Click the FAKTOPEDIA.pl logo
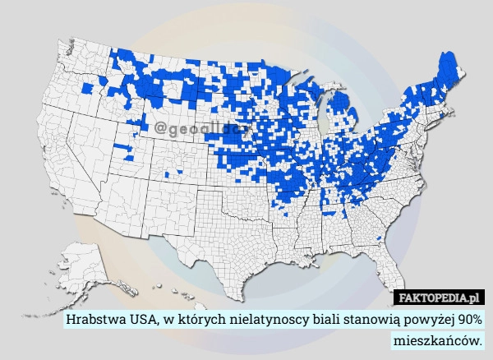click(x=441, y=297)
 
